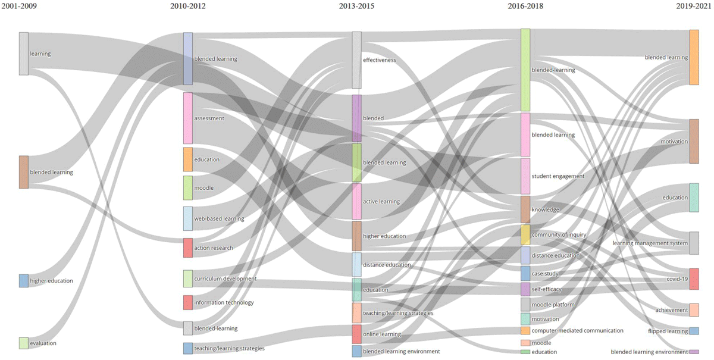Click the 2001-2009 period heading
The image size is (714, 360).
point(18,6)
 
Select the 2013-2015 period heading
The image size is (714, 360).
point(357,6)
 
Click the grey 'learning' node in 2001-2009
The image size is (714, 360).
point(24,54)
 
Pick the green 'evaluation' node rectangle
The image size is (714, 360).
point(24,343)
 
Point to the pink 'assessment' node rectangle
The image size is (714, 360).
point(188,118)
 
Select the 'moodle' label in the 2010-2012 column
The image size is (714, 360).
point(203,188)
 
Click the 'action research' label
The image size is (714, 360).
point(214,248)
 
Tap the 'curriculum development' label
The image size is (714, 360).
point(225,278)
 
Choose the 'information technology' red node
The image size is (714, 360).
point(188,302)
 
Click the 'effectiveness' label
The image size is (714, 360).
point(379,60)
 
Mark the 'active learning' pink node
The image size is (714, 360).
point(357,201)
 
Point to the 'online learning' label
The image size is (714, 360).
point(381,334)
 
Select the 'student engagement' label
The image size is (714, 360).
point(558,176)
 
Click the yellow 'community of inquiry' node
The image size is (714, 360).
point(525,234)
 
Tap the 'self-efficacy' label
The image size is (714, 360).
point(546,290)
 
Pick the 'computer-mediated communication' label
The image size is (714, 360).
point(577,330)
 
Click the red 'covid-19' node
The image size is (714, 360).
point(694,279)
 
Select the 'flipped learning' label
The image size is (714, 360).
point(668,331)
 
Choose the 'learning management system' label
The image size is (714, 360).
point(650,243)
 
